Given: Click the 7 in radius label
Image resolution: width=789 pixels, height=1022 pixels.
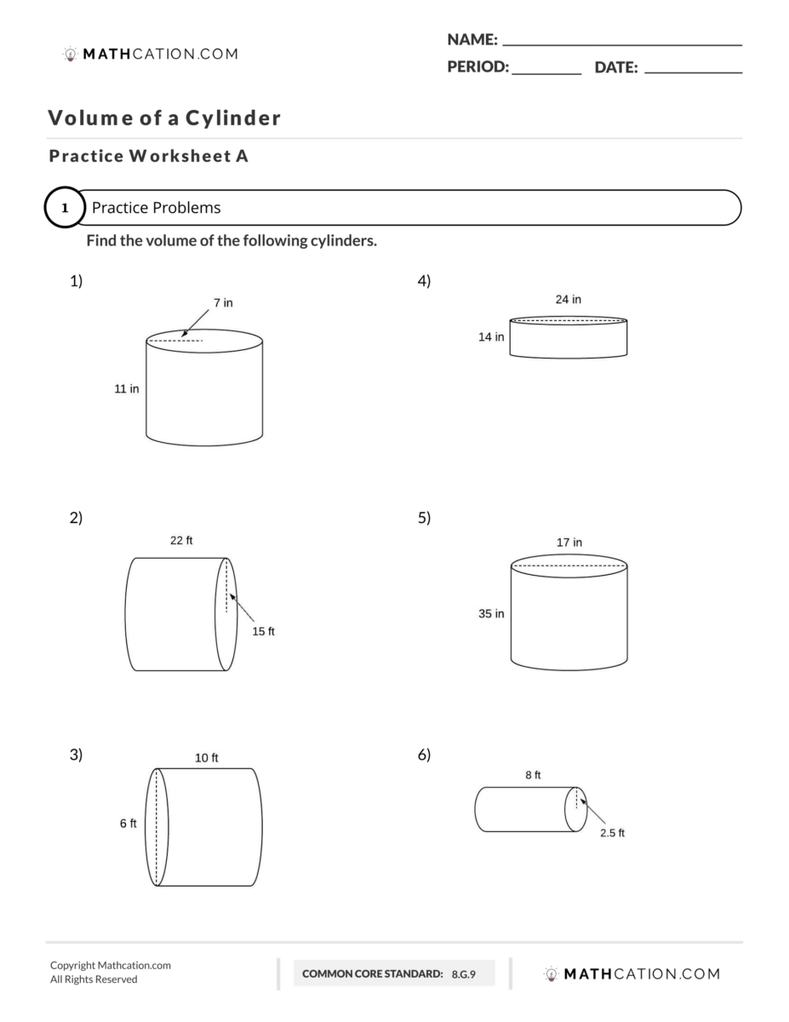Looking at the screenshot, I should point(223,302).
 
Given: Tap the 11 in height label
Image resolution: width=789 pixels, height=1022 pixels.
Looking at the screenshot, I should point(127,388).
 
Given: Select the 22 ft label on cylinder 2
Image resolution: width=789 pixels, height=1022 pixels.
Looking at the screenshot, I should point(181,540).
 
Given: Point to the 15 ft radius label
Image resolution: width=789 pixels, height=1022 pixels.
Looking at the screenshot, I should point(263,631).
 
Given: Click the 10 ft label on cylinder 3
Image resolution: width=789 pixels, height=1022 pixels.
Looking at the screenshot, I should point(207,757).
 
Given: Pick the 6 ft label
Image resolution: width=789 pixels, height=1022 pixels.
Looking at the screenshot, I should point(128,824).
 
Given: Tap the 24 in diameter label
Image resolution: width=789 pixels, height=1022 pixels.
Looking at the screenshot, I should point(568,299).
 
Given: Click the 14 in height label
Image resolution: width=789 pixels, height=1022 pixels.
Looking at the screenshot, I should point(490,337).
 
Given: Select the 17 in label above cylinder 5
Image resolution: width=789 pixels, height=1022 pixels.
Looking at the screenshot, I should point(569,542).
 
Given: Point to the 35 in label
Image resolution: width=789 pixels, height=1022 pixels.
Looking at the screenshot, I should point(490,613).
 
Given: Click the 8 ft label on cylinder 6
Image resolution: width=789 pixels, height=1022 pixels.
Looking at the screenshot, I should point(533,775).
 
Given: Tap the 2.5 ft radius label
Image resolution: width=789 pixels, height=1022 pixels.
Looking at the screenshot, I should point(612,833).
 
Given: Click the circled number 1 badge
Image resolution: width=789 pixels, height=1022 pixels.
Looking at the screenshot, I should point(65,208).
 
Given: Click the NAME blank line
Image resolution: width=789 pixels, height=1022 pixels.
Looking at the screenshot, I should point(622,43).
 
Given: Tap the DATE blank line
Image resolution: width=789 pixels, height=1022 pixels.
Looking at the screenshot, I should point(693,72).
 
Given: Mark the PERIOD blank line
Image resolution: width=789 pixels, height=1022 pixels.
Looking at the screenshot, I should point(546,72).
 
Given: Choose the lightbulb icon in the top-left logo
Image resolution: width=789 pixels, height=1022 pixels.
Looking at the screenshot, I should point(70,54).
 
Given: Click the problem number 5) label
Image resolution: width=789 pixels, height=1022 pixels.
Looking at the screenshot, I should point(424,518).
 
